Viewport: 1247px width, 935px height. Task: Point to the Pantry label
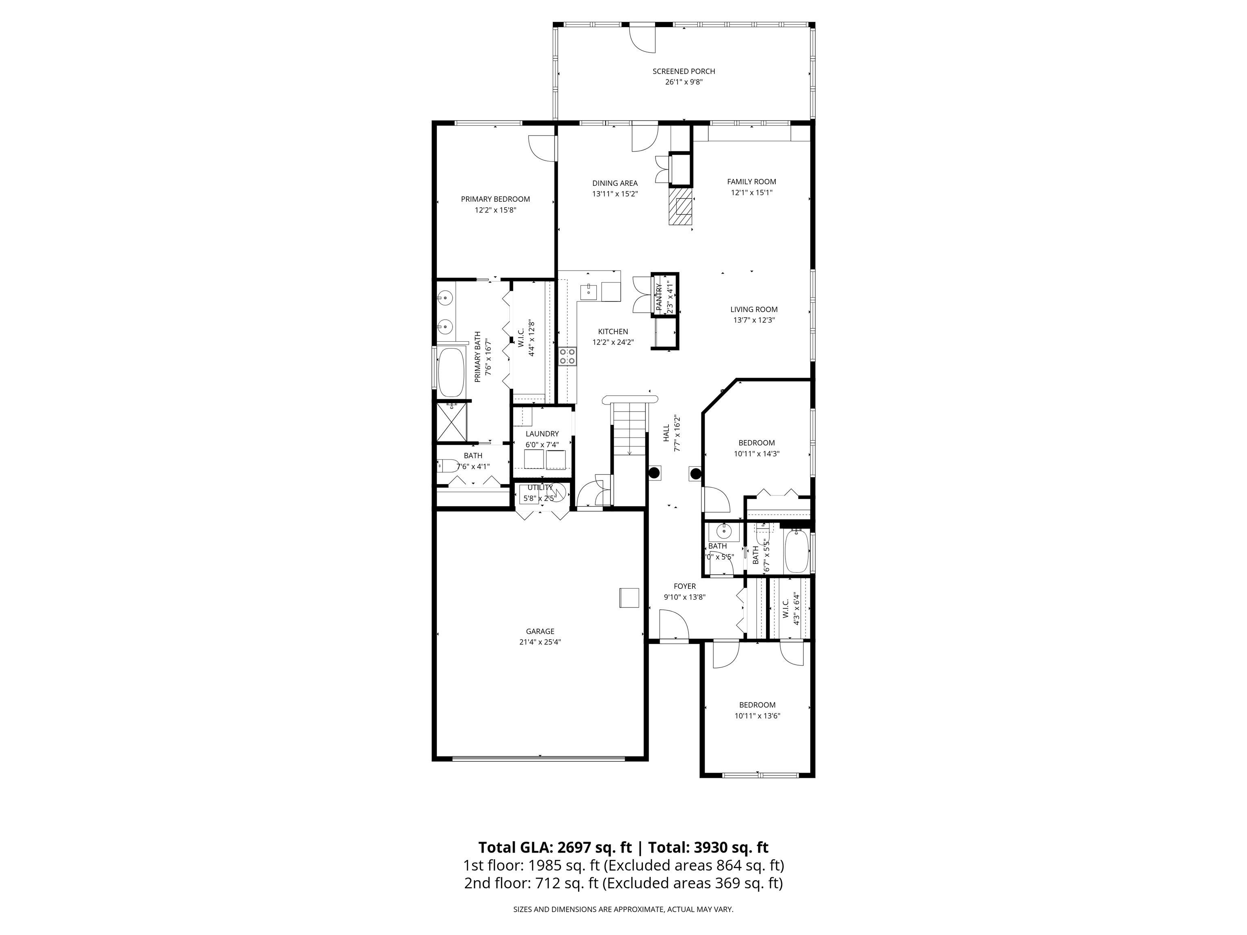click(x=659, y=297)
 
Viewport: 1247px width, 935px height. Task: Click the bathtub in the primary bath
click(x=451, y=373)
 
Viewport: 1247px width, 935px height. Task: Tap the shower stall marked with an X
click(x=452, y=422)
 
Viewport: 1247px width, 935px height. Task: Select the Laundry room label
click(x=542, y=433)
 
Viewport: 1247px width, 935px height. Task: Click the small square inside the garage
click(x=629, y=598)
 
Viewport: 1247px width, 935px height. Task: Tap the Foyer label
click(x=684, y=586)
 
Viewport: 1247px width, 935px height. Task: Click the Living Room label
click(x=754, y=309)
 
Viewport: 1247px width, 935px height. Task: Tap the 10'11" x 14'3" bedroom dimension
click(x=757, y=454)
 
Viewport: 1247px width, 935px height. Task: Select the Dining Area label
click(x=615, y=183)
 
